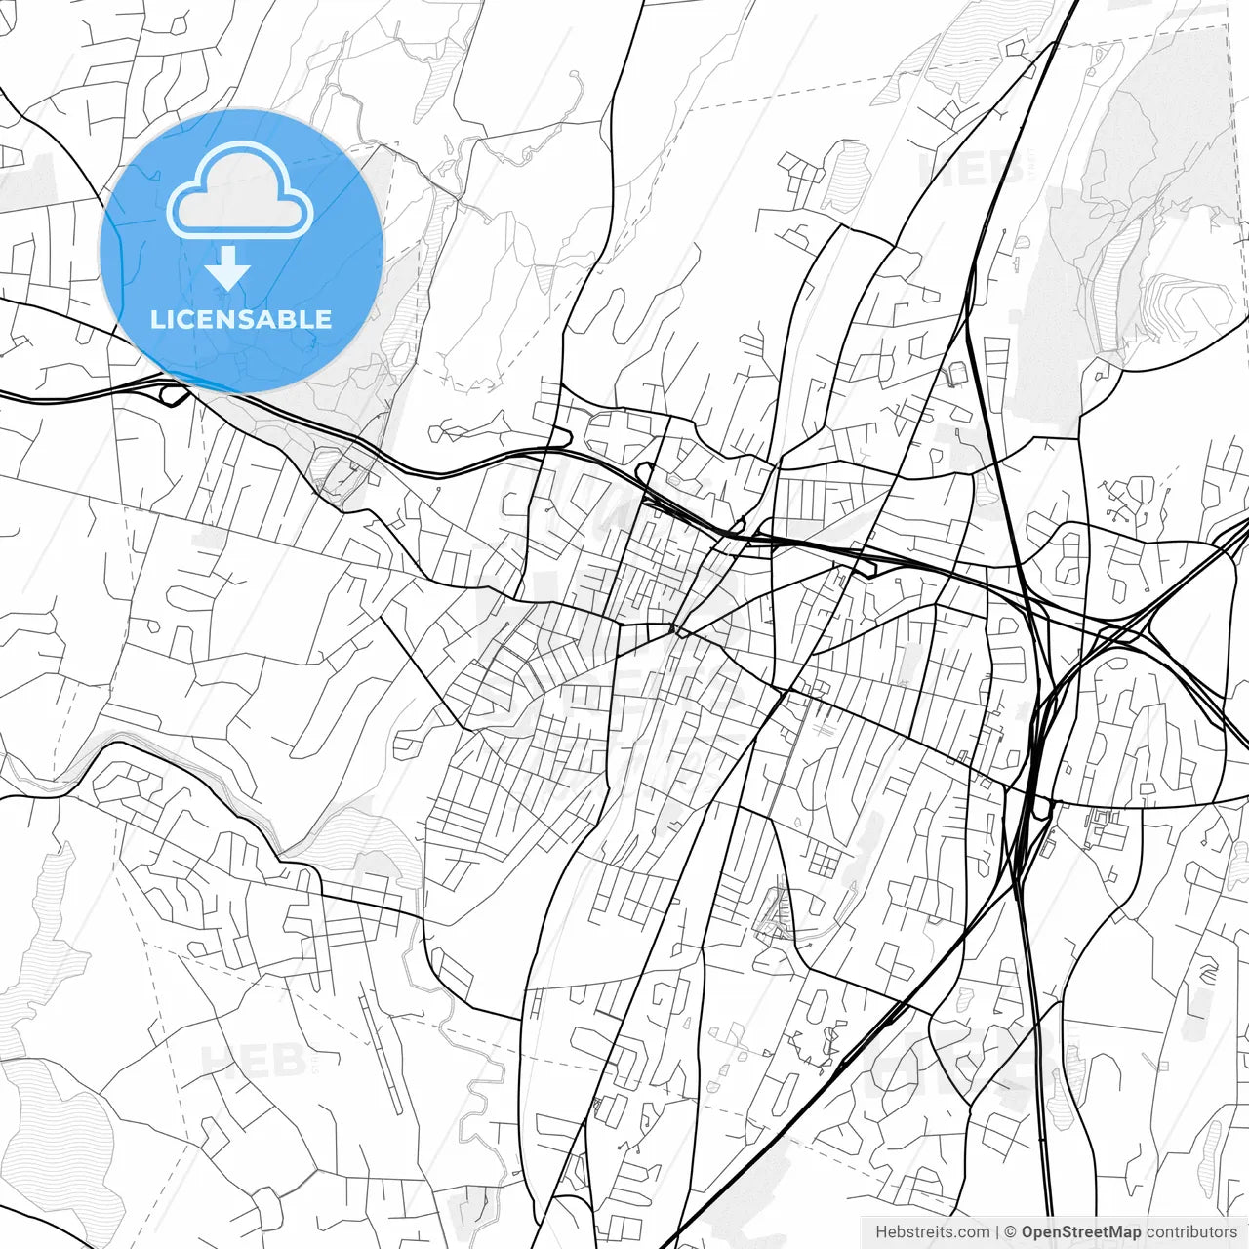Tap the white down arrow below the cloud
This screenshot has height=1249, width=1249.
pos(228,268)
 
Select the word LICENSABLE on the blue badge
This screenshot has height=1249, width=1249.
pos(241,319)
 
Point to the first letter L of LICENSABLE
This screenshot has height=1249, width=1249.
pos(156,319)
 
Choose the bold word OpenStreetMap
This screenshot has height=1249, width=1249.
pos(1081,1232)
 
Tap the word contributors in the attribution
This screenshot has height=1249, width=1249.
pos(1191,1232)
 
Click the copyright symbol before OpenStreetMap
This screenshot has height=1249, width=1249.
pos(1011,1232)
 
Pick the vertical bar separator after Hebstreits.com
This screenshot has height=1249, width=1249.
pos(997,1232)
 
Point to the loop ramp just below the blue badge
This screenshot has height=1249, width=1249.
pos(176,395)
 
